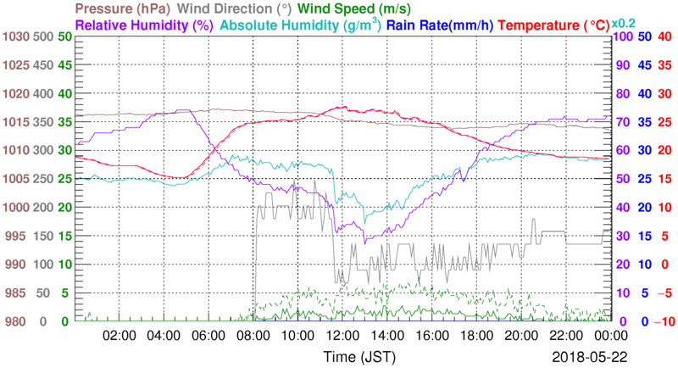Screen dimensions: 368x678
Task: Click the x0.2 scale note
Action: (625, 23)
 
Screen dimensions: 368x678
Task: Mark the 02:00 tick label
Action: (119, 336)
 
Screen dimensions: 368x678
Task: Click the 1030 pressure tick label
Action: (16, 37)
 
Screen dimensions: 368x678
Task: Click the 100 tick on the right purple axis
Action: (623, 37)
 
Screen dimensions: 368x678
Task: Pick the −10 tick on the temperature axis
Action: (664, 321)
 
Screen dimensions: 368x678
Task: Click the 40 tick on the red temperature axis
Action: (665, 37)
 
